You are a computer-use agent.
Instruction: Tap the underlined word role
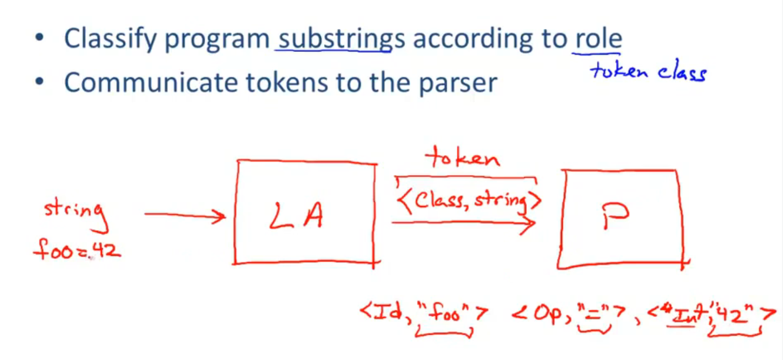598,38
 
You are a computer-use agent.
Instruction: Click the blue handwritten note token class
648,71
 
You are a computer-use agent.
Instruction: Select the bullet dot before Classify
39,37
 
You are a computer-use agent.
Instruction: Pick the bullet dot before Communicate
39,81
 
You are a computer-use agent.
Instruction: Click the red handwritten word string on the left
76,215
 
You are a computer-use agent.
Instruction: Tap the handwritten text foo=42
77,249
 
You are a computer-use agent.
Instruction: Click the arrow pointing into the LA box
185,215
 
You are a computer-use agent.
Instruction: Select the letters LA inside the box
296,215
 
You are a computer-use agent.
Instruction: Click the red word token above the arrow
462,158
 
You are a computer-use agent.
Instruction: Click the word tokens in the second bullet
287,83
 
